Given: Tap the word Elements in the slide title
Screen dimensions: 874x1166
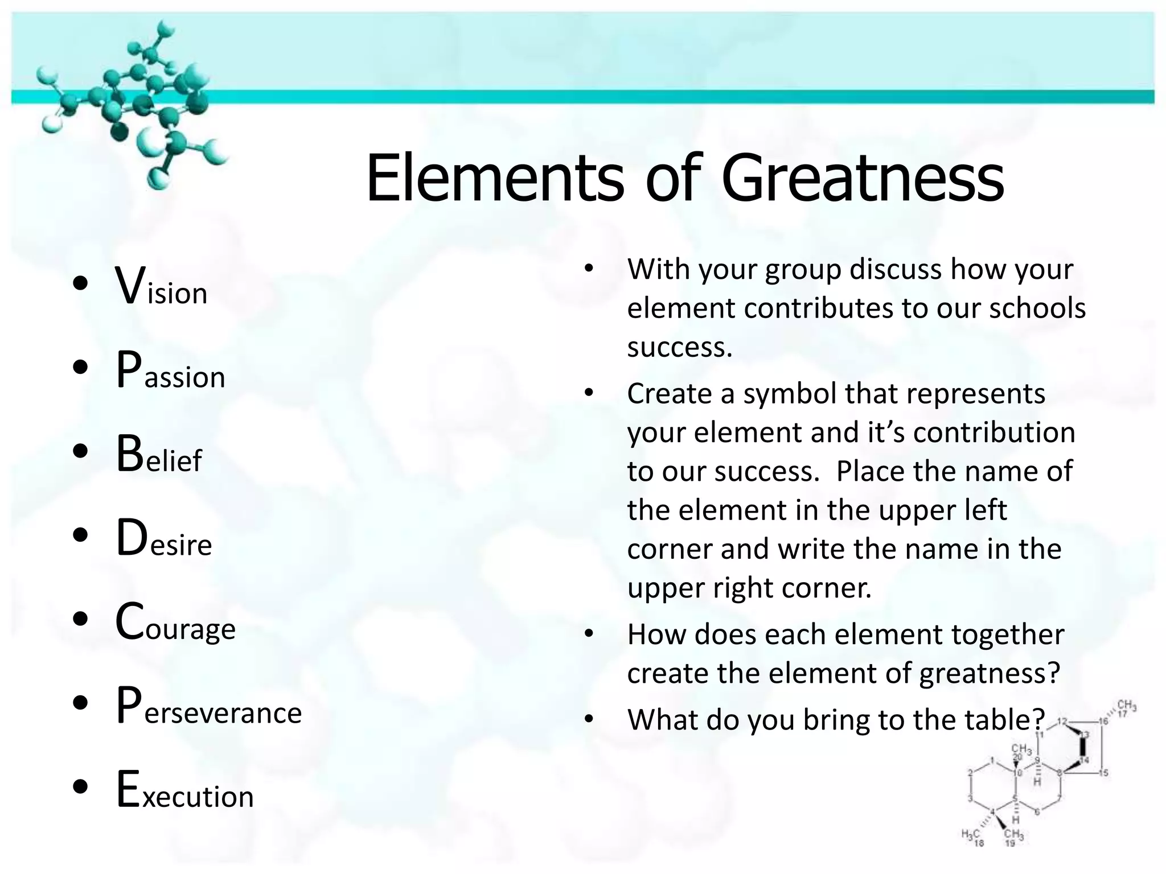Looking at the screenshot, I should pyautogui.click(x=495, y=178).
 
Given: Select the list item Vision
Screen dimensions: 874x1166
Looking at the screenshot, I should pyautogui.click(x=161, y=287).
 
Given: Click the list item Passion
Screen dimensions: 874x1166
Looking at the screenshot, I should pyautogui.click(x=170, y=371).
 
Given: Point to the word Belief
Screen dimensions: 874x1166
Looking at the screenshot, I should pyautogui.click(x=159, y=455).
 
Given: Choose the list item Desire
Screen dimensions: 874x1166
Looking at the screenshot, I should pyautogui.click(x=164, y=539).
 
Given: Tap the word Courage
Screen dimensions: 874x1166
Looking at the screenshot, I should pyautogui.click(x=175, y=623).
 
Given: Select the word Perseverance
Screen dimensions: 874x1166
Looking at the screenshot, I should pyautogui.click(x=208, y=707).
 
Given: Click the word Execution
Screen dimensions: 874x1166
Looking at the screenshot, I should pyautogui.click(x=184, y=790).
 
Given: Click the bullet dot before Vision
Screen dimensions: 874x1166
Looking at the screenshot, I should pyautogui.click(x=80, y=283).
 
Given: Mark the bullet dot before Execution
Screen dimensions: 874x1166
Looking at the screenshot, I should pyautogui.click(x=80, y=786).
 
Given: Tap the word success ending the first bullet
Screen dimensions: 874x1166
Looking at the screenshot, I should pyautogui.click(x=679, y=347).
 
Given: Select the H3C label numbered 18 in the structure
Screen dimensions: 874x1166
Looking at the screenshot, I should pyautogui.click(x=971, y=836).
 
